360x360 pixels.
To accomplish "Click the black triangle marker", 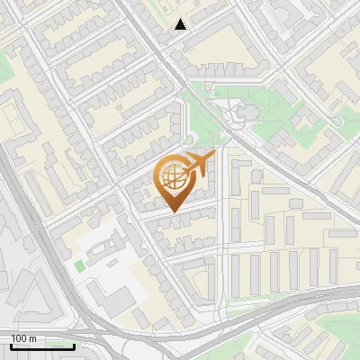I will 181,24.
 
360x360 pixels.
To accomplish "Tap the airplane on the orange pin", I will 200,164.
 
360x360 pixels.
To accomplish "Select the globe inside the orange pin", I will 174,178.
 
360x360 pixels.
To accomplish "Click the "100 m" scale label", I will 24,338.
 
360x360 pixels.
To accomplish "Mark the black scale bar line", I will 42,346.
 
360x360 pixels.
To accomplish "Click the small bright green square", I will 80,266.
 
